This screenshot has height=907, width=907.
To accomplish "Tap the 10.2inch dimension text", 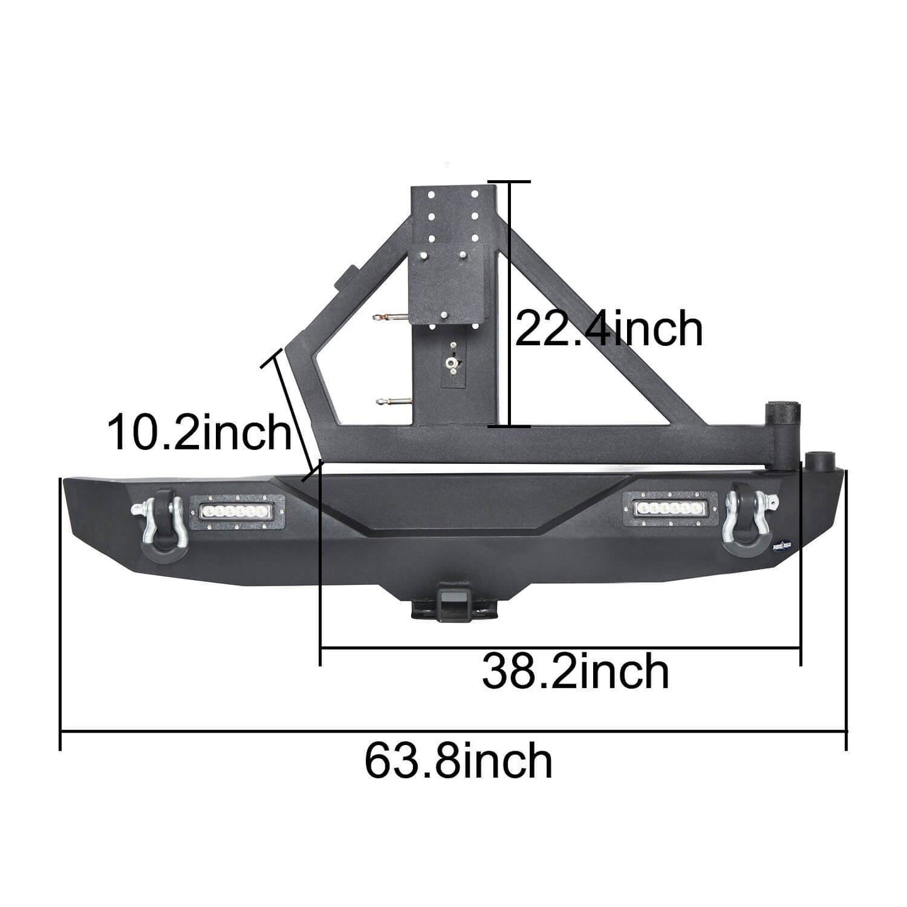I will click(x=200, y=432).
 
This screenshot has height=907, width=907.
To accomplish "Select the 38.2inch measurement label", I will click(x=575, y=672).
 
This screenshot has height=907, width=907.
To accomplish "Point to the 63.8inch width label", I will click(x=458, y=761).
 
